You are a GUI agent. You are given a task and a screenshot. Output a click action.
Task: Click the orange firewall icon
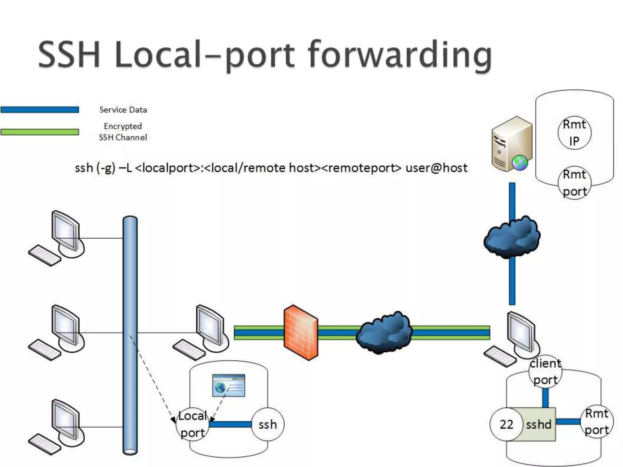coord(301,333)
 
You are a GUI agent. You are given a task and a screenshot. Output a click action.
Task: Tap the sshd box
coord(539,424)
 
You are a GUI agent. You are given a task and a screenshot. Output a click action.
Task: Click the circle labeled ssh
coord(268,424)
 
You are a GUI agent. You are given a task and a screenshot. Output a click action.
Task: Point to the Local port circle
coord(193,424)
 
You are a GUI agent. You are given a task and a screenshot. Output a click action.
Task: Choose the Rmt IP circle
coord(574,133)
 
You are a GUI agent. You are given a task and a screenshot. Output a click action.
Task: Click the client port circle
coord(545,372)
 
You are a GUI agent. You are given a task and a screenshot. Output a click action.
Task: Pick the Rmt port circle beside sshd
coord(597,422)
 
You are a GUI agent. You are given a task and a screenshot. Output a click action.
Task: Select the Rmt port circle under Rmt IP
coord(574,183)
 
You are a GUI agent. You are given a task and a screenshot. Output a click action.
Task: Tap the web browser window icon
coord(228,386)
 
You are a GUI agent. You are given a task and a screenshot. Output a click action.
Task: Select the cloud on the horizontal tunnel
coord(384,333)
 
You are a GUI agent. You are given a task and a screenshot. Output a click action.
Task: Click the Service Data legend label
coord(123,110)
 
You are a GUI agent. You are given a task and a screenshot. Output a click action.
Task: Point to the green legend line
coord(40,132)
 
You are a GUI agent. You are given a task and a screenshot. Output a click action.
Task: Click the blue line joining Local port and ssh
coord(230,424)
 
